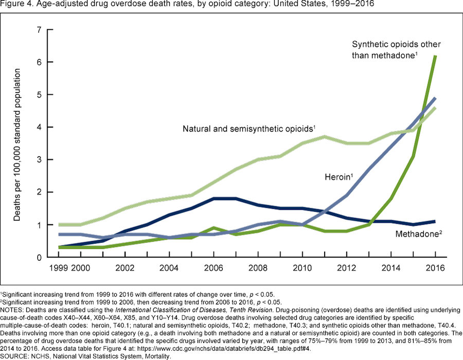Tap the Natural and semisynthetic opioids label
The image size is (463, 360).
click(247, 128)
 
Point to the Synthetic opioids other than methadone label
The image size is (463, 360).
click(396, 50)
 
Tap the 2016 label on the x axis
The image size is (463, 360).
click(435, 267)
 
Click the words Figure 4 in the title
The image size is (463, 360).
click(16, 5)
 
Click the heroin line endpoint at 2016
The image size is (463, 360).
click(435, 98)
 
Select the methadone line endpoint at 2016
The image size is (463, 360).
click(435, 221)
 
